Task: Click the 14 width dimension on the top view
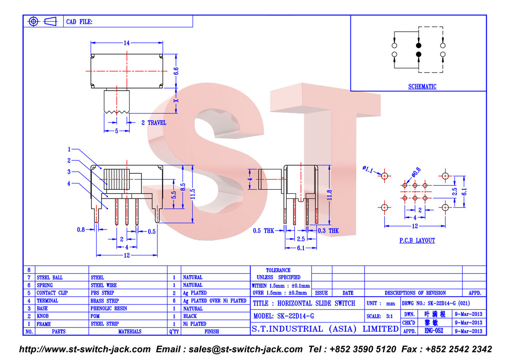[127, 43]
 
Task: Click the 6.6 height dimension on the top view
[176, 71]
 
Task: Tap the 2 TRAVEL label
[154, 123]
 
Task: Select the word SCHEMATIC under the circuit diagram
[422, 86]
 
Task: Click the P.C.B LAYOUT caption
[417, 240]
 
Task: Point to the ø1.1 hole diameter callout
[368, 169]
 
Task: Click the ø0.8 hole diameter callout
[416, 172]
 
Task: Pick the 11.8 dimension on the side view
[329, 195]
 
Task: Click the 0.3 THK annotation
[328, 231]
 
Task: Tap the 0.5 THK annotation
[264, 231]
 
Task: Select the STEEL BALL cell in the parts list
[50, 278]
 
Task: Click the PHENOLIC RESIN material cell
[109, 309]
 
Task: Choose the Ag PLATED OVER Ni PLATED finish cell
[215, 301]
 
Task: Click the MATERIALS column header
[130, 332]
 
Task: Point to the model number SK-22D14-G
[296, 316]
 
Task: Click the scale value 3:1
[390, 316]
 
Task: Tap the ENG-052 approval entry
[434, 331]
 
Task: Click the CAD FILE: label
[79, 22]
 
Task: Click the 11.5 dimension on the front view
[193, 194]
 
